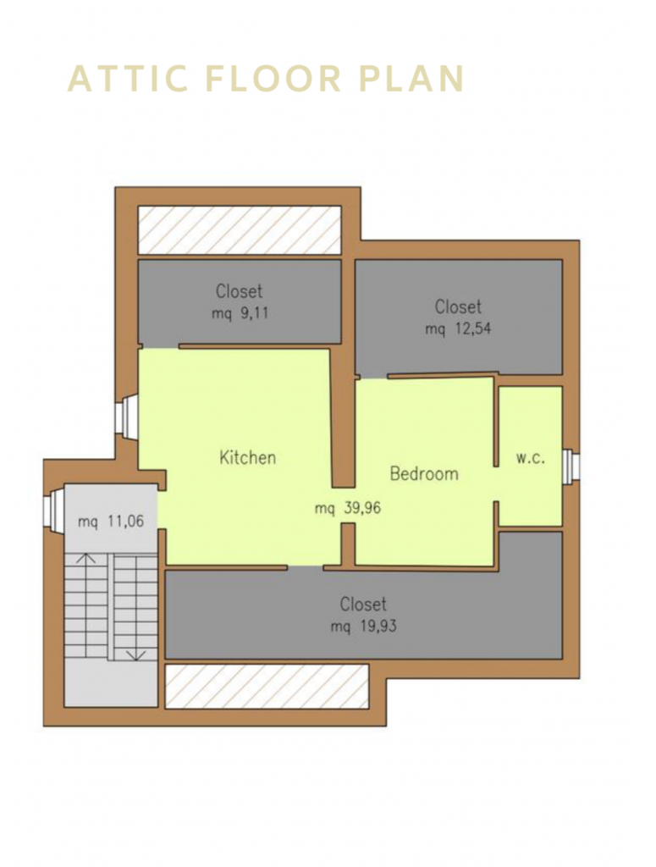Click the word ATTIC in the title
pos(126,79)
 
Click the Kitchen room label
pos(248,457)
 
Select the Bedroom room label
pos(423,473)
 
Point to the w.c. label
pos(530,458)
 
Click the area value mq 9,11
pos(240,313)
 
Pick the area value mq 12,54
pos(458,329)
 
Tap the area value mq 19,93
pos(363,627)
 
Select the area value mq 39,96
pos(348,509)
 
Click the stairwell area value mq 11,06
pos(111,522)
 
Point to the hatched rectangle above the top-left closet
pos(240,229)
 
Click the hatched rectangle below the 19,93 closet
pos(267,686)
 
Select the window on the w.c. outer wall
pos(571,465)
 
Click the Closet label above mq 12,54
pos(458,306)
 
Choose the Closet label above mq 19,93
pos(363,604)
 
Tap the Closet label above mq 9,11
pos(240,291)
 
